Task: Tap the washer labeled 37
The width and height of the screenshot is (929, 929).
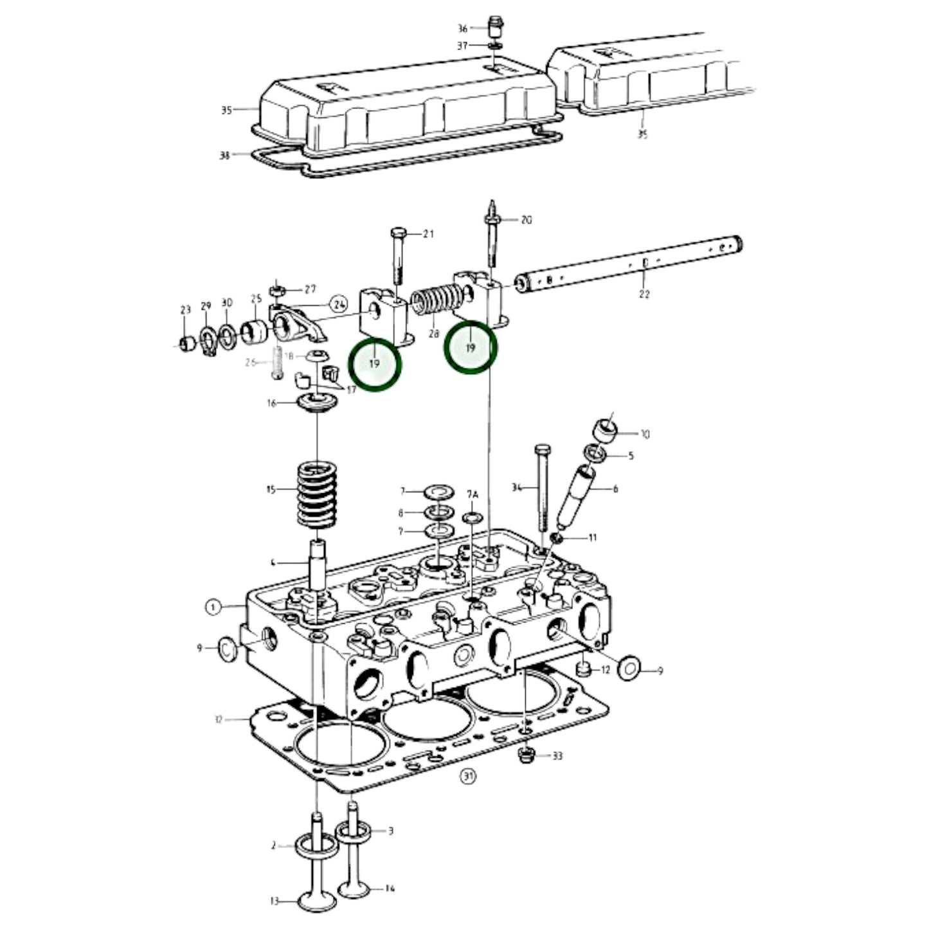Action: [495, 46]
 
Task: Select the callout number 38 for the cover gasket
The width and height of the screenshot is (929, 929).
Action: [224, 155]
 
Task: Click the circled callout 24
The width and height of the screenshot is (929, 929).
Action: [339, 303]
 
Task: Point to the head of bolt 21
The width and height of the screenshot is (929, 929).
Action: [397, 232]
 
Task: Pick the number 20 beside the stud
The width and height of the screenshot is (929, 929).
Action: [527, 220]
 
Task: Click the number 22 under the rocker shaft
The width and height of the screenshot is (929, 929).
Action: [644, 294]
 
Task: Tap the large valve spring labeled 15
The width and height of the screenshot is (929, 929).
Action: [317, 494]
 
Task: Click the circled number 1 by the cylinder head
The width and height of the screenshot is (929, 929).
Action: [213, 606]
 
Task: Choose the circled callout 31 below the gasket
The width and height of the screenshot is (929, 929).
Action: [468, 777]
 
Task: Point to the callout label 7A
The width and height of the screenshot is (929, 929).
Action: [473, 494]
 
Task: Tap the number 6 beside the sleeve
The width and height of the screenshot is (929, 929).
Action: [615, 489]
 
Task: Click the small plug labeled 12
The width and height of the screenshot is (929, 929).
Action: [583, 669]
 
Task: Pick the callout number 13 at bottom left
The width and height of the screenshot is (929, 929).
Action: [275, 901]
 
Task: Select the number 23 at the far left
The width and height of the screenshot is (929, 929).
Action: [186, 310]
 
